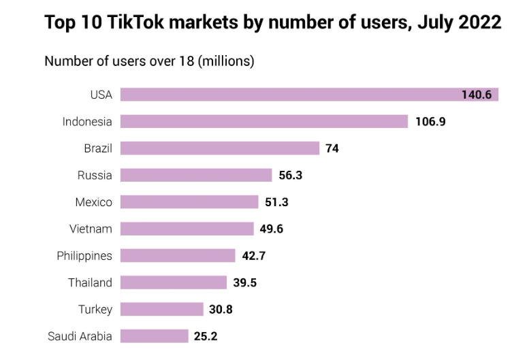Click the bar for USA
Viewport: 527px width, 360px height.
pyautogui.click(x=286, y=95)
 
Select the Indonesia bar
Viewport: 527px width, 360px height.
pyautogui.click(x=264, y=122)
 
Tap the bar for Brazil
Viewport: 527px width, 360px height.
pyautogui.click(x=220, y=148)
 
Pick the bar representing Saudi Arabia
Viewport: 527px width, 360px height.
pyautogui.click(x=154, y=336)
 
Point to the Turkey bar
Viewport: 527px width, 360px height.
pyautogui.click(x=162, y=310)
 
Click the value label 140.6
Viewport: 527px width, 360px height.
pyautogui.click(x=476, y=95)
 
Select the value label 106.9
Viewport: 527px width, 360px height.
pyautogui.click(x=430, y=122)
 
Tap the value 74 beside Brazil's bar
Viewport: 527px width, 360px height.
pyautogui.click(x=332, y=148)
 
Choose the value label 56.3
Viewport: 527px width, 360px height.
pyautogui.click(x=291, y=175)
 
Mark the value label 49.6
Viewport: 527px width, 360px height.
pyautogui.click(x=272, y=229)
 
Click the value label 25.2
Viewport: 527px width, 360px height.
pyautogui.click(x=206, y=336)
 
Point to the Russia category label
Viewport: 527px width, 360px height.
pyautogui.click(x=95, y=175)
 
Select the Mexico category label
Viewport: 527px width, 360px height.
pyautogui.click(x=94, y=202)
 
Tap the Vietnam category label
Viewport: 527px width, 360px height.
pyautogui.click(x=91, y=229)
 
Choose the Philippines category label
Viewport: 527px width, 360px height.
pyautogui.click(x=84, y=256)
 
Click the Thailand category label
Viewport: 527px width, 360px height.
pyautogui.click(x=90, y=282)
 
